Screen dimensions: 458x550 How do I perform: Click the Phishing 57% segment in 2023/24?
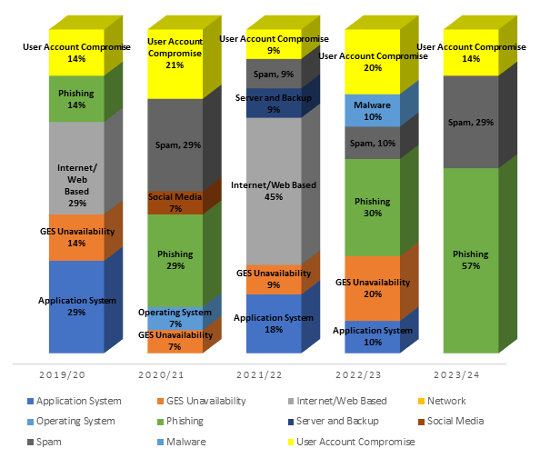tap(471, 260)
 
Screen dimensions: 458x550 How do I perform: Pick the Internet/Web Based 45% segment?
tap(274, 191)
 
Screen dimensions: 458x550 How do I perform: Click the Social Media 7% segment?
tap(175, 203)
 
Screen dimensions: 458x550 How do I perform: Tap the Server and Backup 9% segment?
tap(274, 103)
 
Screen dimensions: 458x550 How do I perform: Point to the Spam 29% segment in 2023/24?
tap(471, 122)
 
